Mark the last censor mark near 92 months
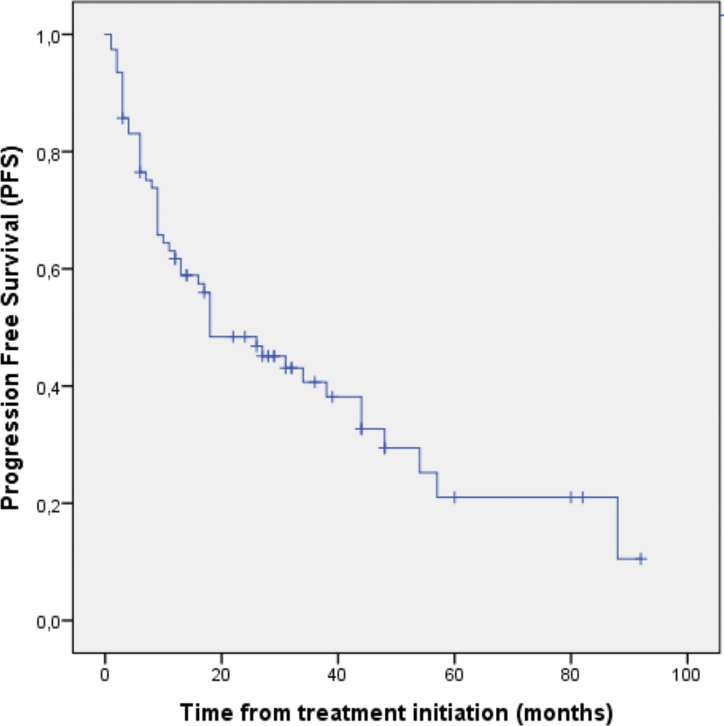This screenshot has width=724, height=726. coord(640,559)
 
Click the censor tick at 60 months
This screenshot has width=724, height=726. coord(454,496)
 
